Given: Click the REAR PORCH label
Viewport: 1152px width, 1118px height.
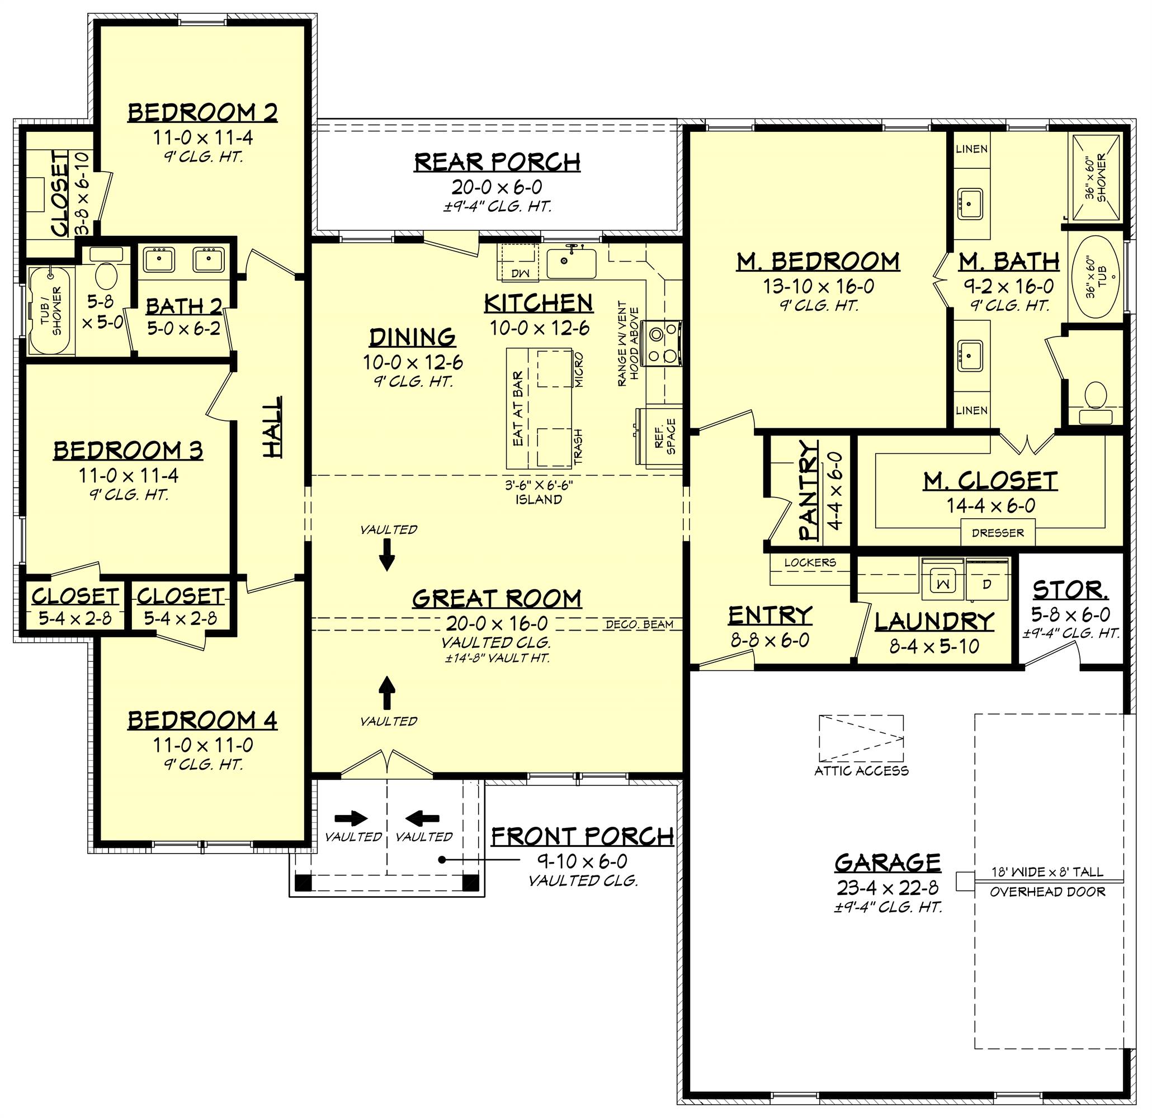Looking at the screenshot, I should click(497, 162).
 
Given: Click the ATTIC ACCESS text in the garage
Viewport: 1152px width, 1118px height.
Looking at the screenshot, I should click(861, 771).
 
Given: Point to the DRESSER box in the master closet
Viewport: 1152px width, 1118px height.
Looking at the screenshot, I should click(998, 533).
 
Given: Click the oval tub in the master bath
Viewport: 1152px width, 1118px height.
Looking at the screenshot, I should click(1097, 276).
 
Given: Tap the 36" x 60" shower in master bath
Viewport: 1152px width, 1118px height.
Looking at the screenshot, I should click(1096, 178).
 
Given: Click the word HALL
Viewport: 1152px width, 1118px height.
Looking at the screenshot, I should click(272, 427).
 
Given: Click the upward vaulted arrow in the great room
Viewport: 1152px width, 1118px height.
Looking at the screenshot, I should click(386, 693).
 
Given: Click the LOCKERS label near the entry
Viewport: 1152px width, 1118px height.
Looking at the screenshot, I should click(810, 562).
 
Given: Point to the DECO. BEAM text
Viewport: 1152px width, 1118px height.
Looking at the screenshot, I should click(640, 624).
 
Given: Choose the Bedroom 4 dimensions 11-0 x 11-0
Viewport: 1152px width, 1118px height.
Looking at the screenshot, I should click(203, 746).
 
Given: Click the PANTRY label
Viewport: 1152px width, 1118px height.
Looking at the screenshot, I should click(809, 491).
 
